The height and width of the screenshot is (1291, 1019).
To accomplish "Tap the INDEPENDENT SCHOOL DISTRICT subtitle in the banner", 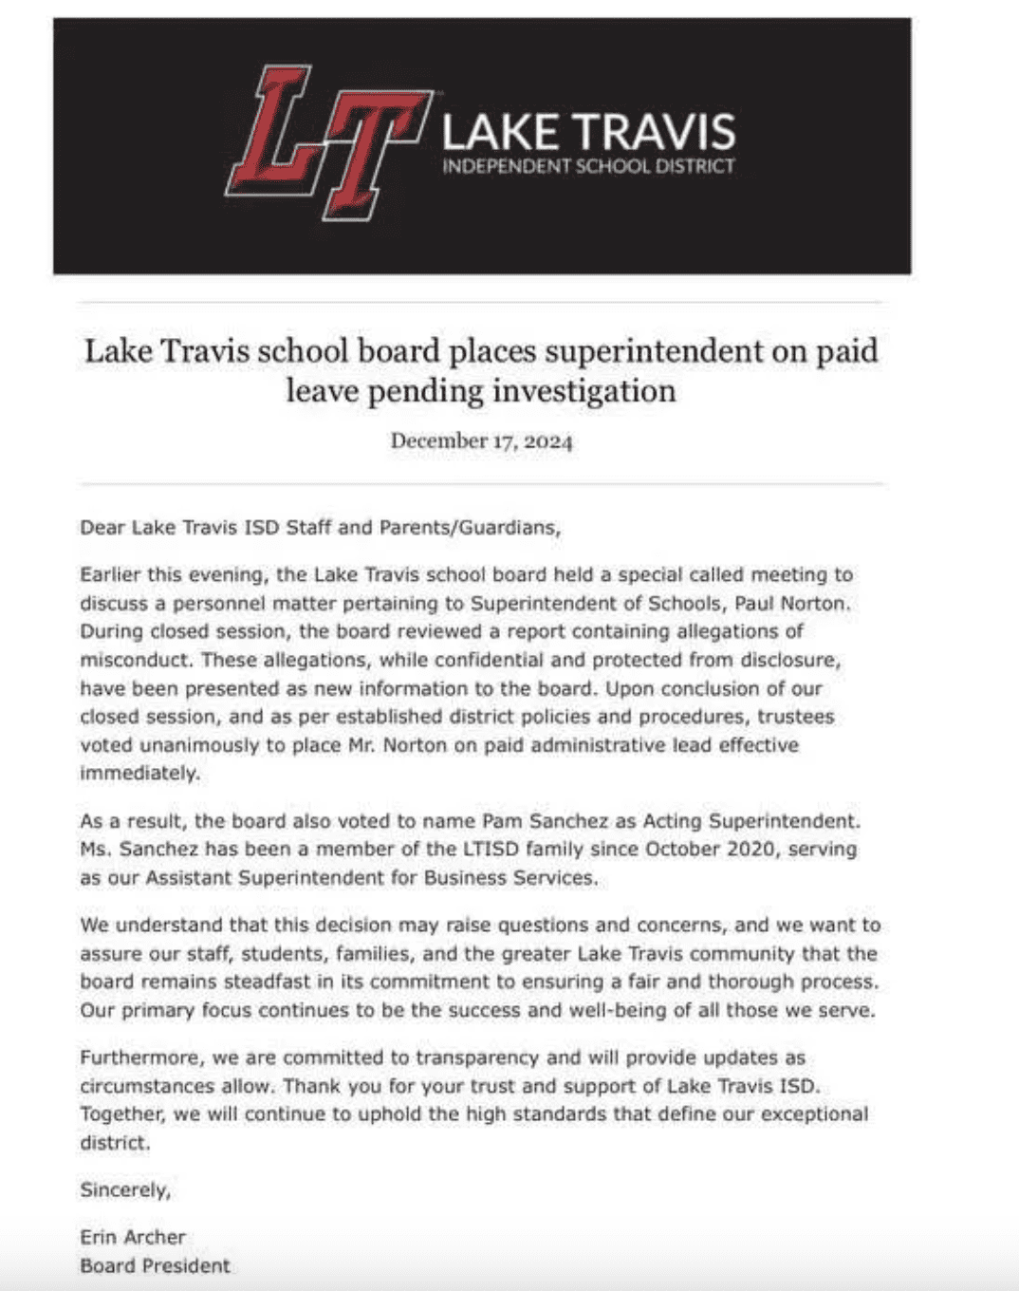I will [588, 167].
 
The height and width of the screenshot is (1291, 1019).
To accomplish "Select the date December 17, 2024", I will [481, 441].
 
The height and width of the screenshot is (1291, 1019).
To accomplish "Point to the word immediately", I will [139, 774].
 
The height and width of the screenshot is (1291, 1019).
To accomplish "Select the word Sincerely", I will [124, 1190].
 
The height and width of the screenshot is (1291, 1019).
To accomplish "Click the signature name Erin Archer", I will [133, 1238].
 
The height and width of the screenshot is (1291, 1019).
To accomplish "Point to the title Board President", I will [155, 1266].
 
